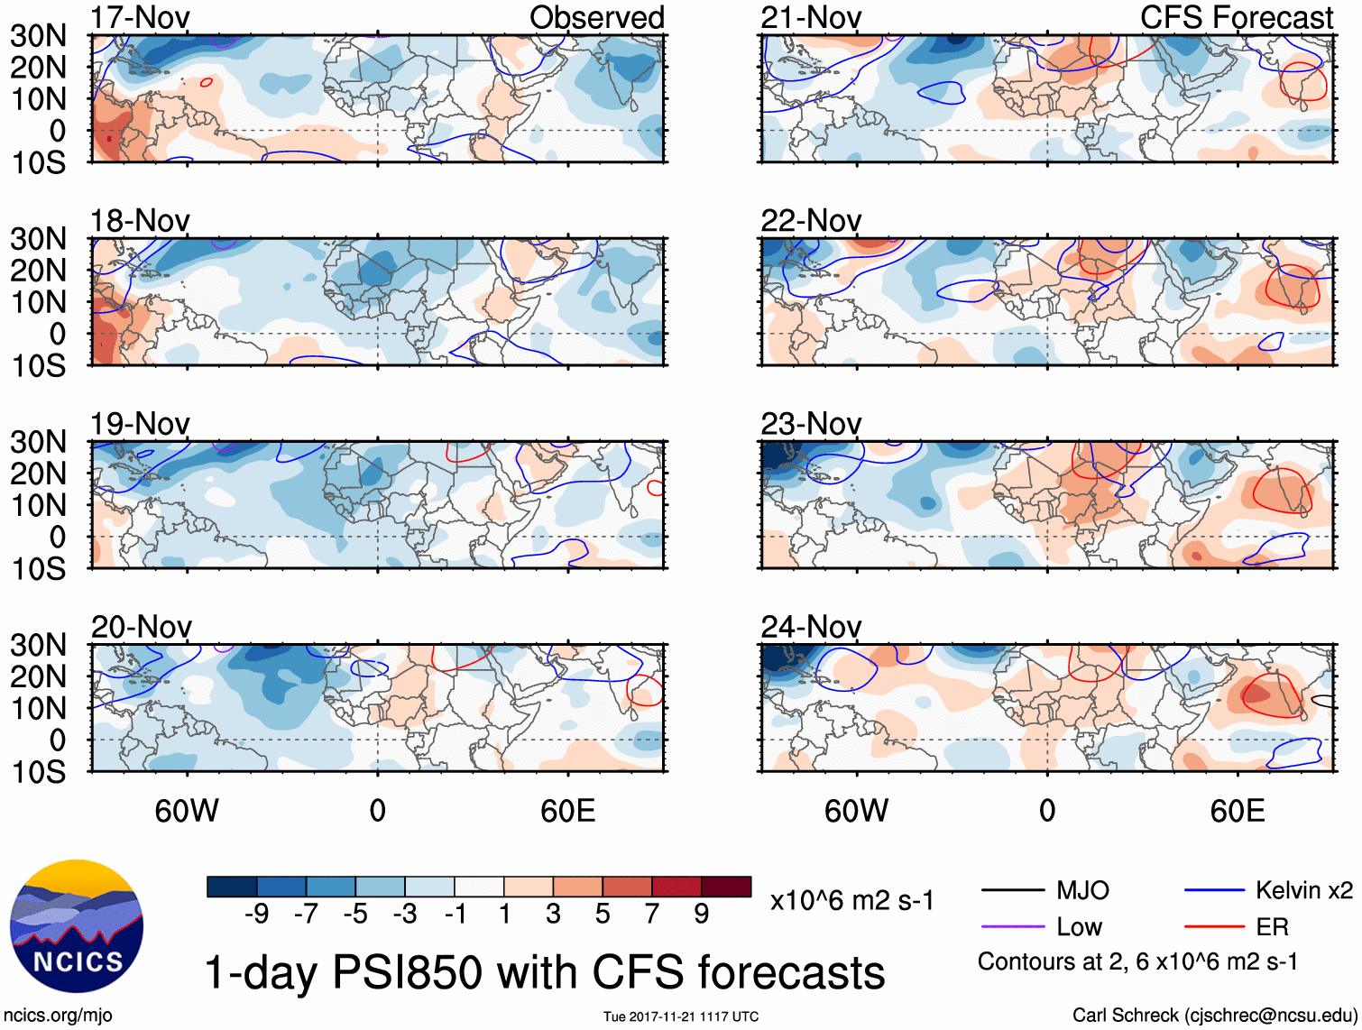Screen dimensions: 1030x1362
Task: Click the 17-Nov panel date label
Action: click(140, 17)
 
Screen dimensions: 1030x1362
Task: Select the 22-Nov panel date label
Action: click(811, 220)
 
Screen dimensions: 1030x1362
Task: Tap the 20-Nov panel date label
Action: click(141, 626)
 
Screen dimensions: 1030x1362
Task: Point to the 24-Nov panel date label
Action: click(811, 626)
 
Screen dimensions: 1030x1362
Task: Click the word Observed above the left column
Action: click(596, 17)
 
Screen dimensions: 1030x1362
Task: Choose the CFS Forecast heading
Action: click(1236, 17)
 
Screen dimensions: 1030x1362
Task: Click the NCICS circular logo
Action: click(77, 926)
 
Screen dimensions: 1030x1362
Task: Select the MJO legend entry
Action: click(1082, 891)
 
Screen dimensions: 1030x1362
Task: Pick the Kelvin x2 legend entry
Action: click(1303, 891)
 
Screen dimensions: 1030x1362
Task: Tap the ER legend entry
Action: click(1272, 927)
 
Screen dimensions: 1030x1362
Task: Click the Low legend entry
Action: click(1079, 927)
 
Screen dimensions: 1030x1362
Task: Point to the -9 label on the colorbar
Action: click(256, 915)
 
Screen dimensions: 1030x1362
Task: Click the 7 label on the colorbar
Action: click(652, 915)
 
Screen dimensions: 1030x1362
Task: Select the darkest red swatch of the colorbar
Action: click(726, 887)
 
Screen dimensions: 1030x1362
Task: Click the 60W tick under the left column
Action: click(187, 811)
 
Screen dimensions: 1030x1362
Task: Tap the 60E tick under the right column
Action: click(1237, 811)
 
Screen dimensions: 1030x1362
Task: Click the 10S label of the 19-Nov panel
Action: click(38, 569)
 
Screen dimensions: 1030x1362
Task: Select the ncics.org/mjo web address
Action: click(59, 1016)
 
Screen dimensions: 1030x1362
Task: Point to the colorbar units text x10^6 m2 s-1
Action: click(851, 900)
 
